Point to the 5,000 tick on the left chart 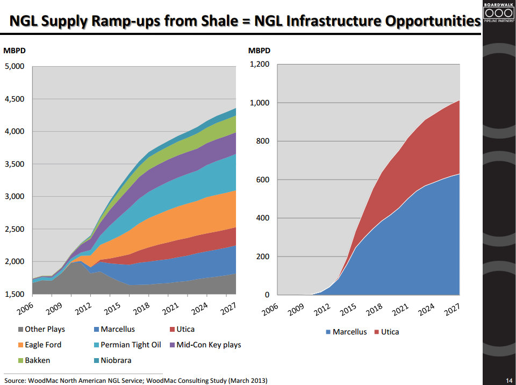[x=15, y=66]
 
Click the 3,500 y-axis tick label [x=15, y=164]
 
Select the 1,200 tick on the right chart [x=259, y=65]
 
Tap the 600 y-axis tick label [x=262, y=180]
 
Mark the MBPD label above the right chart [x=259, y=51]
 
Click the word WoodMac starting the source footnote [x=45, y=380]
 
